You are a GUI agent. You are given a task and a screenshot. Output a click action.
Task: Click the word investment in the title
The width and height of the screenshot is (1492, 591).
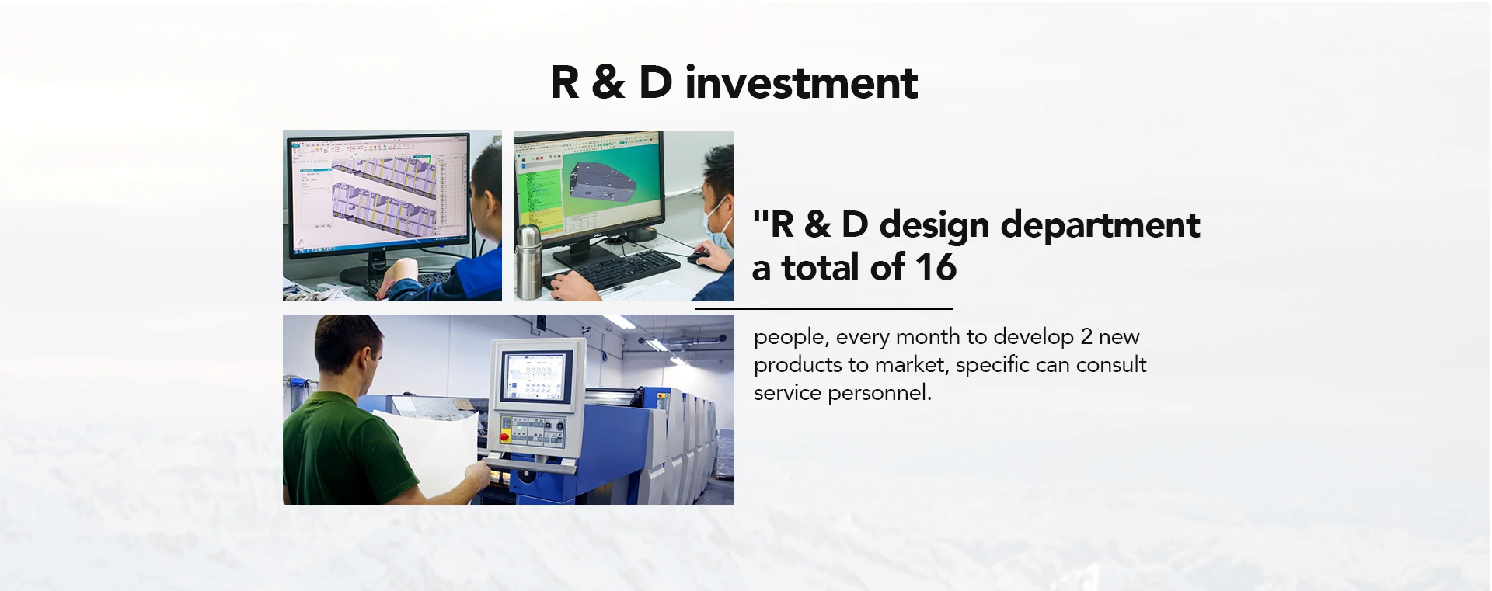pyautogui.click(x=801, y=82)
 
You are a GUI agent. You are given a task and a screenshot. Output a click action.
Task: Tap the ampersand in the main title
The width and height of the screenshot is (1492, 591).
pyautogui.click(x=608, y=82)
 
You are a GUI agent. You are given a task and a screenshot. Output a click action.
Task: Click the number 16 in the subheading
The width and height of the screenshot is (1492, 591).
pyautogui.click(x=936, y=267)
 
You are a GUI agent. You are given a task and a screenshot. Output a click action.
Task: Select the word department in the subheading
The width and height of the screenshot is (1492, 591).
pyautogui.click(x=1100, y=226)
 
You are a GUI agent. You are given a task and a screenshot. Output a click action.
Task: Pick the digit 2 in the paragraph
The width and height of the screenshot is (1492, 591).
pyautogui.click(x=1086, y=337)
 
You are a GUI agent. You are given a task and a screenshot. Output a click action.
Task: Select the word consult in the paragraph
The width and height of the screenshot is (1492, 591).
pyautogui.click(x=1111, y=364)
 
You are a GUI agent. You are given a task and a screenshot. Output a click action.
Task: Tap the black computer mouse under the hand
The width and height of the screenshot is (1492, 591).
pyautogui.click(x=698, y=255)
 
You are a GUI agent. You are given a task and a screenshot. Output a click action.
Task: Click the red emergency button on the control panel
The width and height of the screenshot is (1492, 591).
pyautogui.click(x=505, y=437)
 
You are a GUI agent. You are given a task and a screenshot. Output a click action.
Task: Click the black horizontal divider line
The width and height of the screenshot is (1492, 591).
pyautogui.click(x=824, y=308)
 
